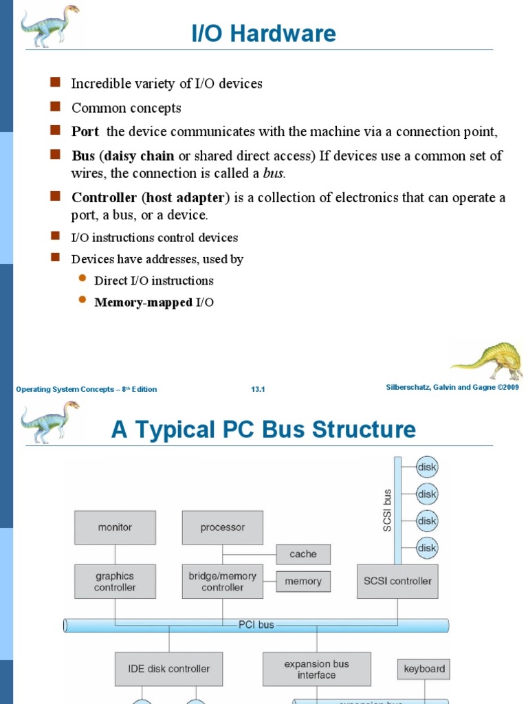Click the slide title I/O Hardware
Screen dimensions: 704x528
coord(264,33)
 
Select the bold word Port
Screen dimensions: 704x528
coord(85,131)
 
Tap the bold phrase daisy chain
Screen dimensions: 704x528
coord(139,156)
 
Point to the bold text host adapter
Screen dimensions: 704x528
coord(184,198)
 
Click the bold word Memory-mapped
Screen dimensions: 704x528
coord(143,302)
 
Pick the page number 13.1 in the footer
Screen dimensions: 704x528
coord(258,390)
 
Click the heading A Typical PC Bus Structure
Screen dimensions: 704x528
coord(263,430)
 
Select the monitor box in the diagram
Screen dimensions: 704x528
coord(115,527)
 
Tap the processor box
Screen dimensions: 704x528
coord(222,527)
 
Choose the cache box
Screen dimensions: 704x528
coord(303,554)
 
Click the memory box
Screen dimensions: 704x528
coord(303,582)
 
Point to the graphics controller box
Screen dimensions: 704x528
coord(115,582)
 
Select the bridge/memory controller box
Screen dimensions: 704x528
coord(222,582)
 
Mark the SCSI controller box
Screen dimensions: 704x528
coord(397,582)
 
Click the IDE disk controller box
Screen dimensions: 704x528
coord(168,668)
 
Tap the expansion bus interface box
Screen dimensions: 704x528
coord(316,670)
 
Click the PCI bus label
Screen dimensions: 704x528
coord(256,625)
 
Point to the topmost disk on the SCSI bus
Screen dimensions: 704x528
coord(427,468)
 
